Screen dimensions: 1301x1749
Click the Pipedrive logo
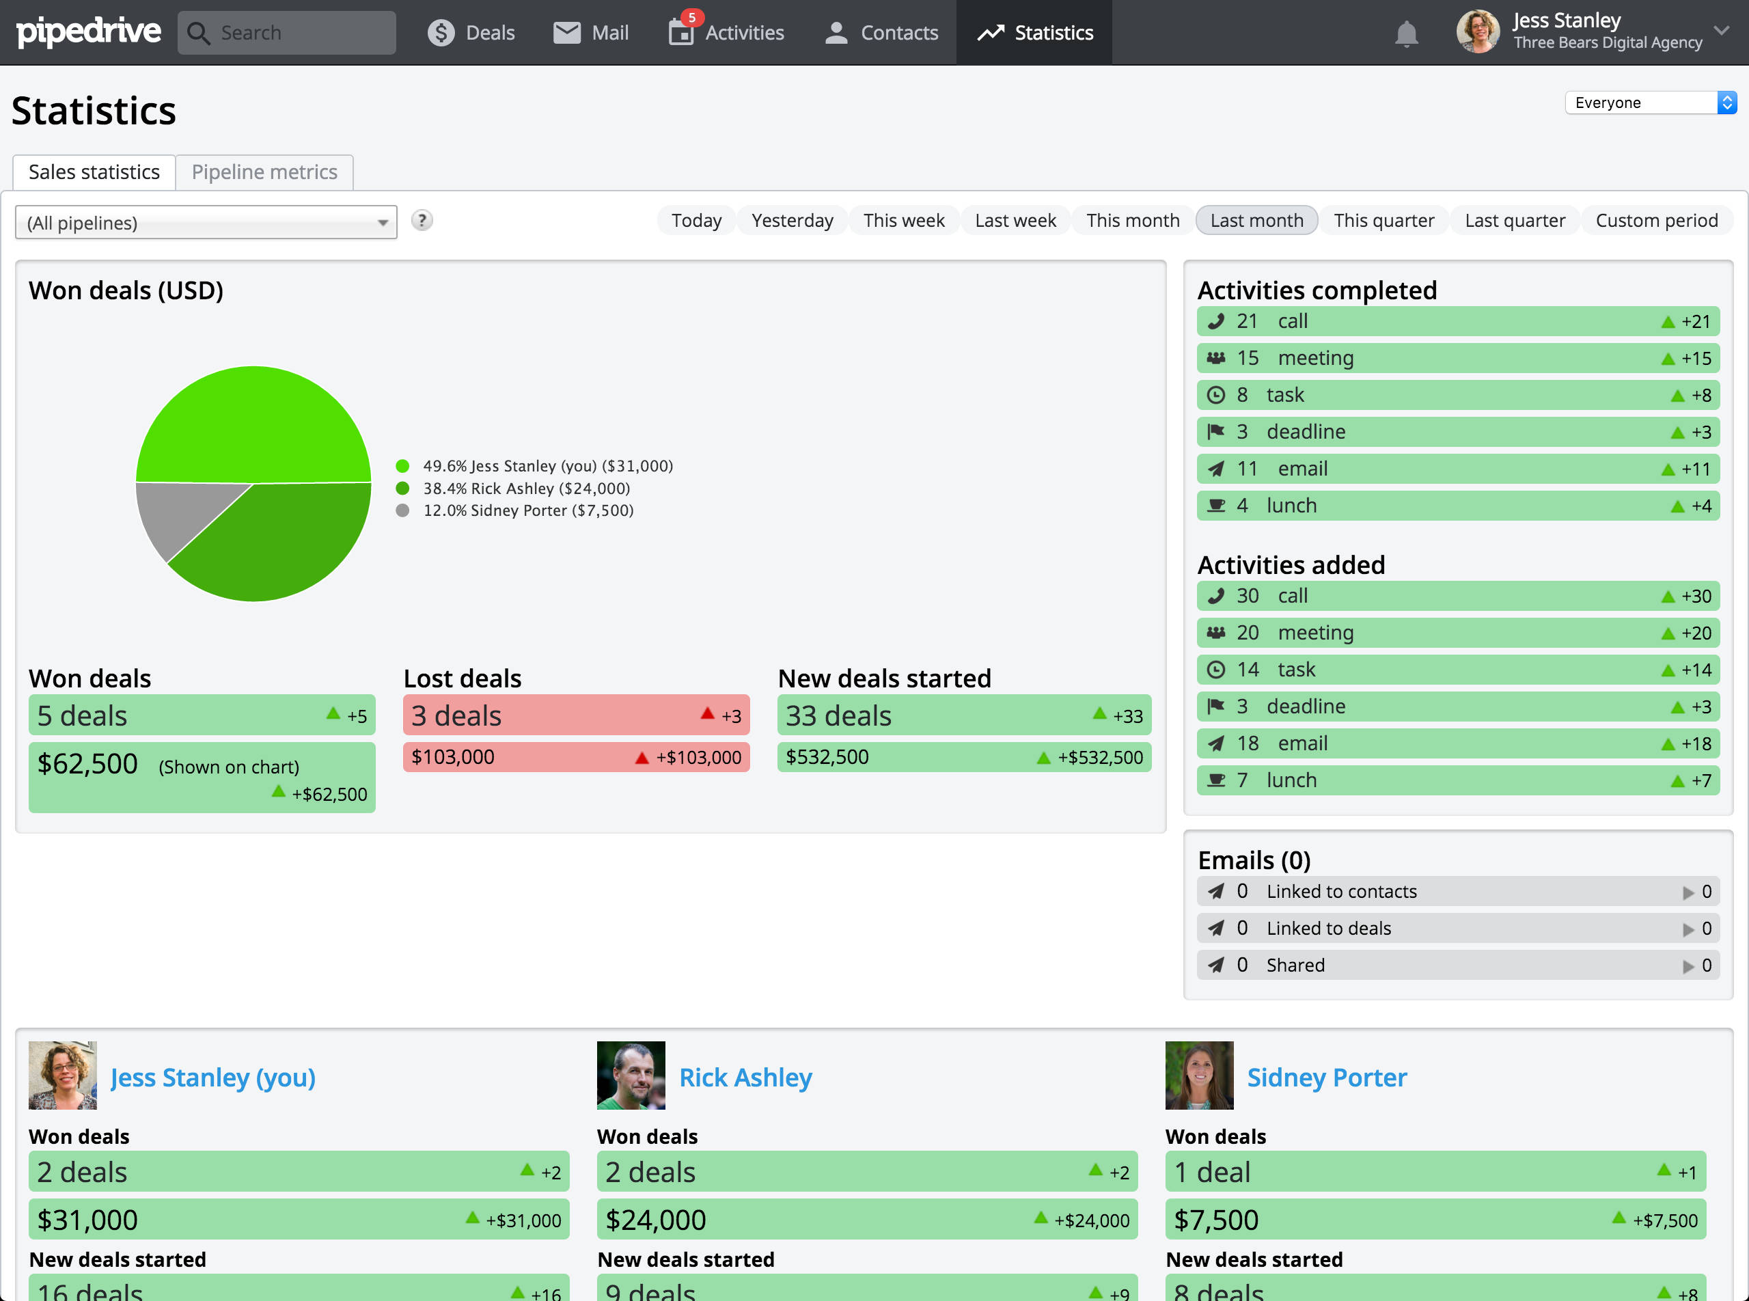(88, 31)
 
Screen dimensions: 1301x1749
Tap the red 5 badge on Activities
(691, 16)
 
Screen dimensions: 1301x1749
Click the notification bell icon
(1405, 34)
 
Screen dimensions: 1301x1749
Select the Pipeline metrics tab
(264, 172)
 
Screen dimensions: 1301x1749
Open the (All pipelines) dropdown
(206, 223)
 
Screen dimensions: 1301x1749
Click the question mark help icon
(422, 221)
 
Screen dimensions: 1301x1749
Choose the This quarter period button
(1383, 221)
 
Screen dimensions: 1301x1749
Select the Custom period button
(1656, 221)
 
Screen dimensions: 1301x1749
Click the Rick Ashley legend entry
(526, 489)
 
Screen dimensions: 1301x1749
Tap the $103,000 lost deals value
(453, 757)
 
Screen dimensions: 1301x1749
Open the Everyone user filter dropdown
(1650, 102)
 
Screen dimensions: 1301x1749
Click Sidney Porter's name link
(1326, 1077)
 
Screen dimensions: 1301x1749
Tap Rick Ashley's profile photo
(630, 1075)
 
